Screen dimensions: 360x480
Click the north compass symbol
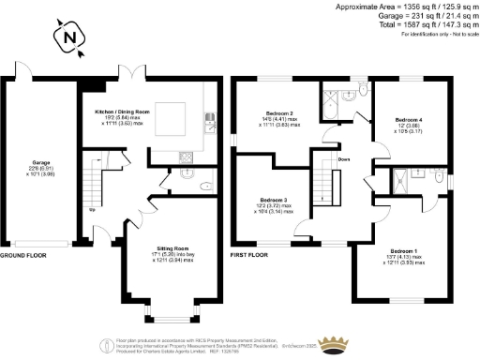[x=70, y=38]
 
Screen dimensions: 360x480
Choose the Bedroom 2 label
[x=278, y=118]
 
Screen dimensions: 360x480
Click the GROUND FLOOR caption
[x=22, y=255]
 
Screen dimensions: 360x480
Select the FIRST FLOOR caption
[x=250, y=255]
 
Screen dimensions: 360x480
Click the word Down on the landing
[x=345, y=159]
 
